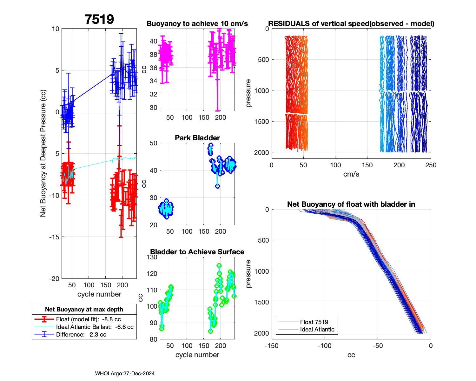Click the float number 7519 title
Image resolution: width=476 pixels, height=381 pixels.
(x=99, y=19)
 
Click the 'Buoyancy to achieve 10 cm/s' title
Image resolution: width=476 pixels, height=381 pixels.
(x=197, y=23)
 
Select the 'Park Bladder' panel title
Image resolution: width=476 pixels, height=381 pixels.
(x=197, y=138)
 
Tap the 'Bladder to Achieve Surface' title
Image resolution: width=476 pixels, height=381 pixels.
(x=197, y=252)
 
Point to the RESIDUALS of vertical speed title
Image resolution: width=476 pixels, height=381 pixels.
(x=351, y=23)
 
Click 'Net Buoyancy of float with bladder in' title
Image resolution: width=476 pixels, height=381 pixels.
(x=351, y=204)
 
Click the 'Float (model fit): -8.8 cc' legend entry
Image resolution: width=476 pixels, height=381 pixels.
(x=88, y=319)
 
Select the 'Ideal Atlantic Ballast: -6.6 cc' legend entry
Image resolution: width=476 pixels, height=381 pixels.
(x=95, y=327)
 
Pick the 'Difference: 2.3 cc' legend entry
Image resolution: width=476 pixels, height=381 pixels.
(x=81, y=335)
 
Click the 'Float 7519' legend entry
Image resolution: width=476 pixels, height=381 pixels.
(x=314, y=322)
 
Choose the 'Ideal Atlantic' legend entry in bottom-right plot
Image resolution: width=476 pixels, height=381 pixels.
(x=317, y=330)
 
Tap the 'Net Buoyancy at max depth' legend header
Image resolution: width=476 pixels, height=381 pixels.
(x=84, y=310)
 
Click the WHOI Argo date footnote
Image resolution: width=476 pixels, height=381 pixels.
(x=125, y=373)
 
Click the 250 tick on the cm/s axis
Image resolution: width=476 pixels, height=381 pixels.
(x=431, y=165)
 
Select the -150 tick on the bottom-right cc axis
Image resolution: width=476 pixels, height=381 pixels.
(x=272, y=346)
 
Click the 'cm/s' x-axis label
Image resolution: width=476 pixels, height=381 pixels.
(x=351, y=174)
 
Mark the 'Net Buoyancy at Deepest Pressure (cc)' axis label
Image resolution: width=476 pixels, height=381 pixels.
(x=43, y=154)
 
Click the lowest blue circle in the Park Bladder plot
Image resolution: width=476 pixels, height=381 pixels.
(x=217, y=186)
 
